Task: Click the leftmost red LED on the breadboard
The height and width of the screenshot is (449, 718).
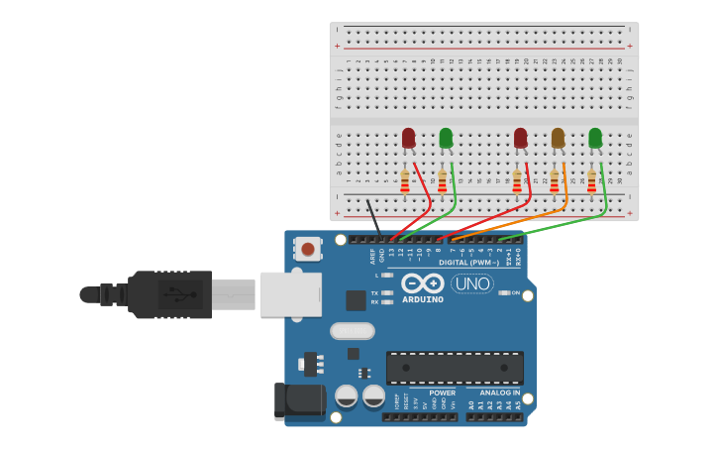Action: pyautogui.click(x=408, y=138)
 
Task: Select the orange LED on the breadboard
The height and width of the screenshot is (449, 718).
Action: pyautogui.click(x=558, y=138)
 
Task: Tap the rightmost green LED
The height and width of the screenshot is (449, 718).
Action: pyautogui.click(x=594, y=138)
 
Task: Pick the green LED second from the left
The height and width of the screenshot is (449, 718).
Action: pyautogui.click(x=446, y=138)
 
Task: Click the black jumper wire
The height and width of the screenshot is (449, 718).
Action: pyautogui.click(x=373, y=217)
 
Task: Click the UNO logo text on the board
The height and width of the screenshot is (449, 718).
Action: pyautogui.click(x=472, y=283)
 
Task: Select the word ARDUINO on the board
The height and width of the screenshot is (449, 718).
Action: pyautogui.click(x=423, y=299)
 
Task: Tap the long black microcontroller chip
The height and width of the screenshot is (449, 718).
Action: pyautogui.click(x=455, y=368)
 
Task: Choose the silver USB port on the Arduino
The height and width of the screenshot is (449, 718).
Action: pyautogui.click(x=290, y=294)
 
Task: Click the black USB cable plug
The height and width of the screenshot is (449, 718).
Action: pyautogui.click(x=168, y=294)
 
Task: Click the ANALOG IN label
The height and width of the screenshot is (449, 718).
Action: pyautogui.click(x=500, y=393)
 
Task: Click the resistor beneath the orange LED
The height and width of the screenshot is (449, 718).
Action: pyautogui.click(x=554, y=181)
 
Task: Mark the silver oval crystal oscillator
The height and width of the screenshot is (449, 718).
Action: pyautogui.click(x=352, y=330)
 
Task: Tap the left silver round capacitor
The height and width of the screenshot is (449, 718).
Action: pyautogui.click(x=346, y=396)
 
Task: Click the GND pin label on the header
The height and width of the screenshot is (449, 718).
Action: pyautogui.click(x=381, y=255)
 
